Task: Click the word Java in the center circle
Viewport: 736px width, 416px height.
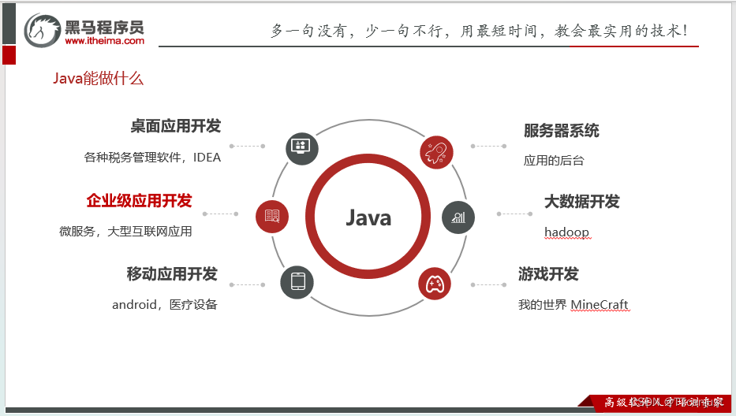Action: click(368, 217)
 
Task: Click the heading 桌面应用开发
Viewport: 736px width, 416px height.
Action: click(175, 126)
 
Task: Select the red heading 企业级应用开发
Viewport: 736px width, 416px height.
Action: click(139, 201)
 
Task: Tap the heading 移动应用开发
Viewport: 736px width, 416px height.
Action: click(172, 274)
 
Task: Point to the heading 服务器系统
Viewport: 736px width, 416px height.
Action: click(562, 131)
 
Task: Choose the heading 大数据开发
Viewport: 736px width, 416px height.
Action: click(582, 202)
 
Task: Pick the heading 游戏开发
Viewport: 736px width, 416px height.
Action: click(548, 274)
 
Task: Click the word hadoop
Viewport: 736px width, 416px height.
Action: click(566, 232)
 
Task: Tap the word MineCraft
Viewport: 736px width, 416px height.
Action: click(600, 305)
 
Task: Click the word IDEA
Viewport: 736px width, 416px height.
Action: click(207, 157)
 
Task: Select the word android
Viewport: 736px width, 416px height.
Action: click(134, 305)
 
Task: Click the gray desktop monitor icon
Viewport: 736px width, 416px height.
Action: click(301, 147)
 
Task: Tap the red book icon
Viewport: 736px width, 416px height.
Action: click(272, 215)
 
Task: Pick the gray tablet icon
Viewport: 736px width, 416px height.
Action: click(297, 282)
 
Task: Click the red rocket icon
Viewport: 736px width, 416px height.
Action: click(436, 152)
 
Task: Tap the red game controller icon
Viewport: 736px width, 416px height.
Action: click(435, 283)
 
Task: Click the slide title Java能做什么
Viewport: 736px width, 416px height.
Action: click(98, 79)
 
